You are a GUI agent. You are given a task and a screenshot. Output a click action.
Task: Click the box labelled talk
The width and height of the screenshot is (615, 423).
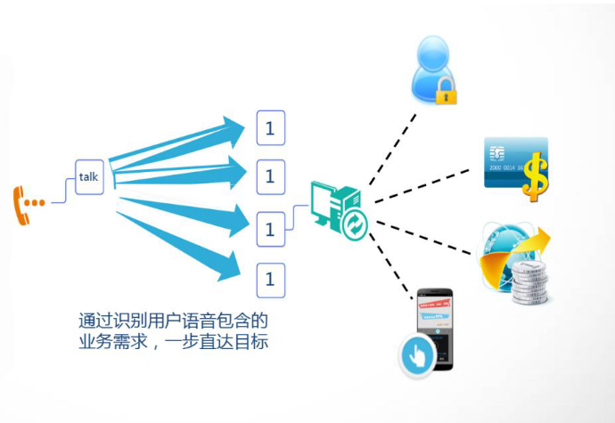click(x=88, y=177)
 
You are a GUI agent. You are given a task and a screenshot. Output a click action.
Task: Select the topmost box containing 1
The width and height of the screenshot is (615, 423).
click(x=270, y=128)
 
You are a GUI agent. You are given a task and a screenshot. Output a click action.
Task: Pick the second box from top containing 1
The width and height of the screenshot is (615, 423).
click(x=270, y=176)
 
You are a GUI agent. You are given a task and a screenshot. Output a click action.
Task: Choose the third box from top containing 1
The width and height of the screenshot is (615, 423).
click(x=270, y=230)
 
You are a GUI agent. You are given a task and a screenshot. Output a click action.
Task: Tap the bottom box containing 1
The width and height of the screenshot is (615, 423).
click(x=270, y=280)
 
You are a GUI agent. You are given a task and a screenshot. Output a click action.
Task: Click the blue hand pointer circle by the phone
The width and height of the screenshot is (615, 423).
click(x=415, y=355)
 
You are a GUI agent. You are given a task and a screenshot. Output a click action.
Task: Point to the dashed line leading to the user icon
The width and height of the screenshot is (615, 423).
click(x=392, y=147)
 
